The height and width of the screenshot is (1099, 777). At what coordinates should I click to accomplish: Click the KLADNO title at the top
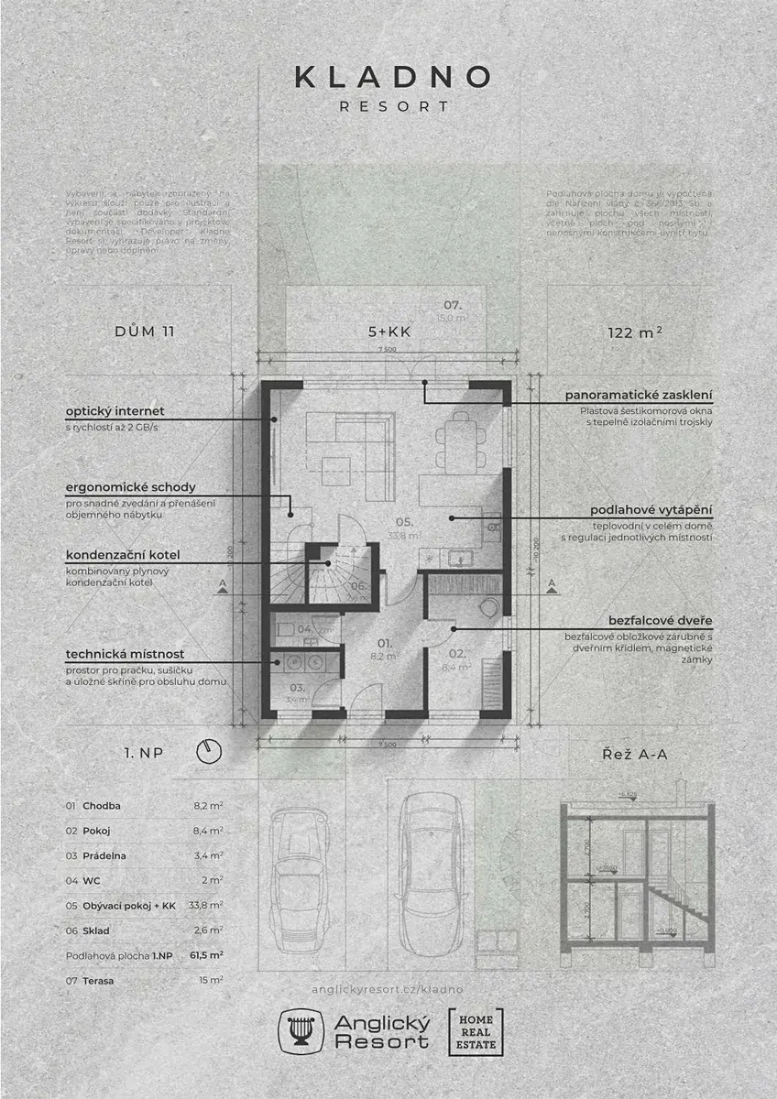click(393, 77)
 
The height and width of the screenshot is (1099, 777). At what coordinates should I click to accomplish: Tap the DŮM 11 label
click(145, 332)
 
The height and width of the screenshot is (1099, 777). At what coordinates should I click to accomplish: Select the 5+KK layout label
click(388, 332)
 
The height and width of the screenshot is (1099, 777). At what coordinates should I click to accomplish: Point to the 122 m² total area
click(634, 332)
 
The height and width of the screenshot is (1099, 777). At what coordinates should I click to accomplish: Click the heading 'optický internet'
click(115, 411)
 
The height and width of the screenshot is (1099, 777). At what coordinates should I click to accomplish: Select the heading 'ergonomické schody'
click(130, 487)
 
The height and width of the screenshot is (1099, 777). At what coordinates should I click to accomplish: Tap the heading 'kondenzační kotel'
click(122, 555)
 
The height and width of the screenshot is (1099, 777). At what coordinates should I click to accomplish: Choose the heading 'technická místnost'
click(125, 654)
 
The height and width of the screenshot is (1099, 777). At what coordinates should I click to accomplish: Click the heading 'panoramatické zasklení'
click(639, 395)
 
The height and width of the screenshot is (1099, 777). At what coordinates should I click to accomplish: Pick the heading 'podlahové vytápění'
click(651, 509)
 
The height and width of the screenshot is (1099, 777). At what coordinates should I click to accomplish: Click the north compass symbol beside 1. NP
click(210, 752)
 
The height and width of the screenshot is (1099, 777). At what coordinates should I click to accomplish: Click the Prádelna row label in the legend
click(104, 855)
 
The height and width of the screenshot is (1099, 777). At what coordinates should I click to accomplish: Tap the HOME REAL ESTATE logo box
click(476, 1031)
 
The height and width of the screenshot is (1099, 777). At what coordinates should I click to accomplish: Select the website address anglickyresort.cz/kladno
click(388, 989)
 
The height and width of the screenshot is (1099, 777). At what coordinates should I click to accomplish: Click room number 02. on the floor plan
click(458, 654)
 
